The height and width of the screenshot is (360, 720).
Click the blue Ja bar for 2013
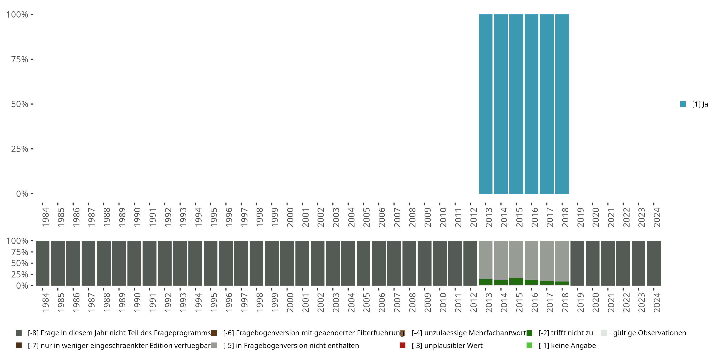tap(486, 104)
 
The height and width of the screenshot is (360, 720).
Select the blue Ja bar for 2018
tap(562, 104)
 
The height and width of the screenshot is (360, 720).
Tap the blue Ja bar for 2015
tap(516, 104)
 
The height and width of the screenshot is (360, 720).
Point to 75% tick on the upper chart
tap(20, 59)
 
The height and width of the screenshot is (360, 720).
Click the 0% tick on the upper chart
tap(22, 194)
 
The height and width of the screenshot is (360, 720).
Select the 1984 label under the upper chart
tap(45, 217)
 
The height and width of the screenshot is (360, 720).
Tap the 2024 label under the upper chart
tap(657, 217)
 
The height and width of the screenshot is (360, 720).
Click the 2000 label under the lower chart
tap(290, 302)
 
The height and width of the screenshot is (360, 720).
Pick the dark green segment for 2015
tap(516, 282)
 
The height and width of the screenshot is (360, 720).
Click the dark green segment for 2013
tap(486, 282)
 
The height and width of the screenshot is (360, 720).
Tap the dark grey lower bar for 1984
tap(42, 263)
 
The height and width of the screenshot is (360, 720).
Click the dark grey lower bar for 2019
tap(577, 263)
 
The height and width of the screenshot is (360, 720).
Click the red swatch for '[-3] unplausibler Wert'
tap(402, 345)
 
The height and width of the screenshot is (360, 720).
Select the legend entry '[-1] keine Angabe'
tap(567, 345)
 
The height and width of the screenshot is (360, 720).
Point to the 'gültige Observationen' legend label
tap(649, 333)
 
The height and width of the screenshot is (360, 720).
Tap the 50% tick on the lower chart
tap(20, 263)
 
